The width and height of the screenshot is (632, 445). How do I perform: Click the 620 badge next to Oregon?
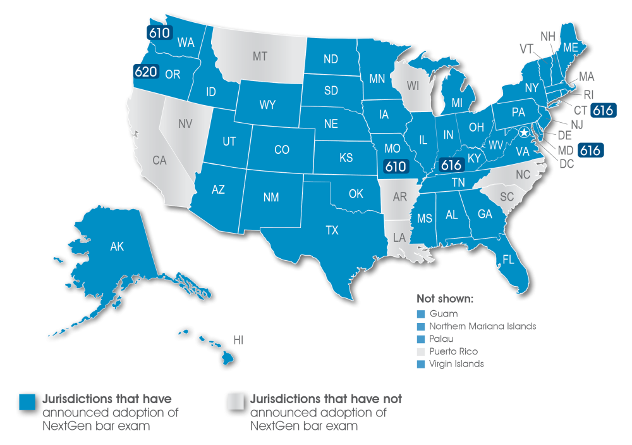coord(145,72)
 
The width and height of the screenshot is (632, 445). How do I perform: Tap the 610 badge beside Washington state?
coord(159,32)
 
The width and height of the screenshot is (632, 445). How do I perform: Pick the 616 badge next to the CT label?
coord(602,111)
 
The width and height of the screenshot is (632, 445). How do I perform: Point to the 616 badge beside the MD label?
coord(590,151)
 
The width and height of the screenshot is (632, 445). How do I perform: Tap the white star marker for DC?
coord(524,133)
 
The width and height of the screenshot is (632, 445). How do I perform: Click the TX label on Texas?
coord(332,230)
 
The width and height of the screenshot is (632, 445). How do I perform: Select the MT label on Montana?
coord(260,56)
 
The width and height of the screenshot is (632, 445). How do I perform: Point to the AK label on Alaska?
coord(117,247)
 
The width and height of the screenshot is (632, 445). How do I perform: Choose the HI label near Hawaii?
coord(238,340)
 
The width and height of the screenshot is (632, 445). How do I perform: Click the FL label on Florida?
coord(507,260)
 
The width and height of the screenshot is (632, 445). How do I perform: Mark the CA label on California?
coord(159,161)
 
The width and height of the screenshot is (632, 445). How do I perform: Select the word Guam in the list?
coord(443,313)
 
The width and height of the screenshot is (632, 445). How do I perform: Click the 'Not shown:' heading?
coord(445,298)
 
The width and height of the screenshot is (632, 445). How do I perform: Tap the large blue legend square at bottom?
coord(27,403)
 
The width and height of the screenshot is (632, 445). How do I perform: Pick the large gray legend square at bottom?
coord(235,403)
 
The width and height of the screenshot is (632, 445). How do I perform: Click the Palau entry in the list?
coord(441,339)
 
